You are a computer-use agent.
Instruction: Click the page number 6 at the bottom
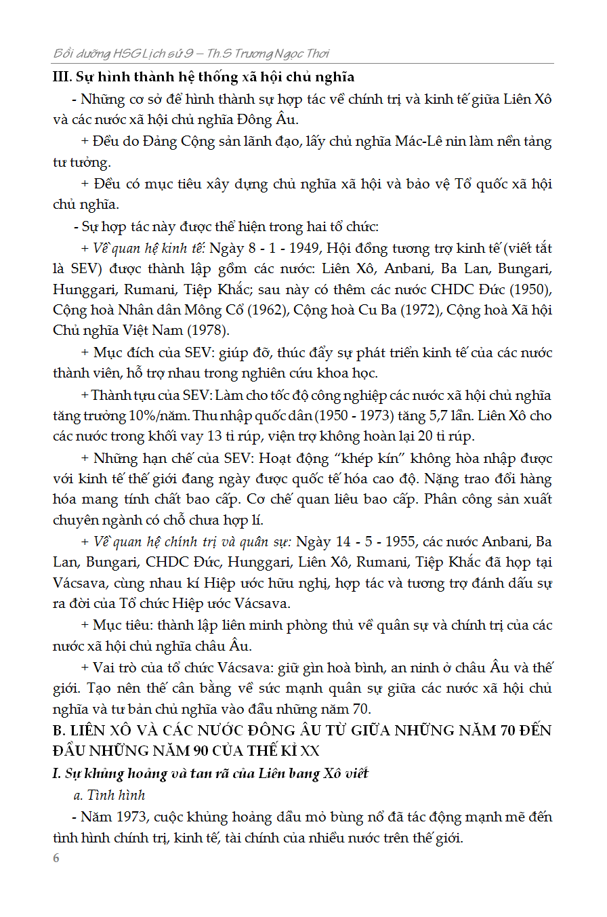(x=56, y=858)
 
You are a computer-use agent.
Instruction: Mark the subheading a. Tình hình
(x=109, y=794)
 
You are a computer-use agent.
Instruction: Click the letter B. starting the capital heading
(x=60, y=731)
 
